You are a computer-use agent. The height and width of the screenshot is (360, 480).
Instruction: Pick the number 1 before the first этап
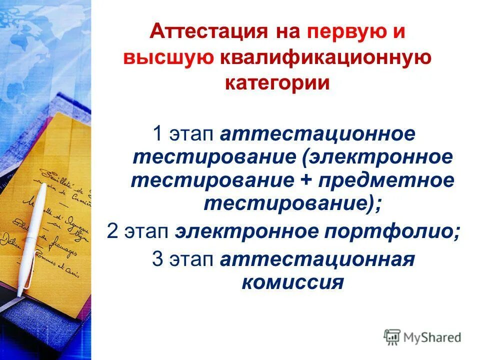[157, 134]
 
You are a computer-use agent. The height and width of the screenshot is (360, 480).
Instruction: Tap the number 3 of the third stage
[157, 260]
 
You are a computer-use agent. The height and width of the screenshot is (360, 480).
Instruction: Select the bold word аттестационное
[318, 134]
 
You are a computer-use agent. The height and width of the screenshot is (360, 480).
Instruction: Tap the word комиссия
[293, 283]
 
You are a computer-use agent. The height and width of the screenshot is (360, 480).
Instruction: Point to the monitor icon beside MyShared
[392, 337]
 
